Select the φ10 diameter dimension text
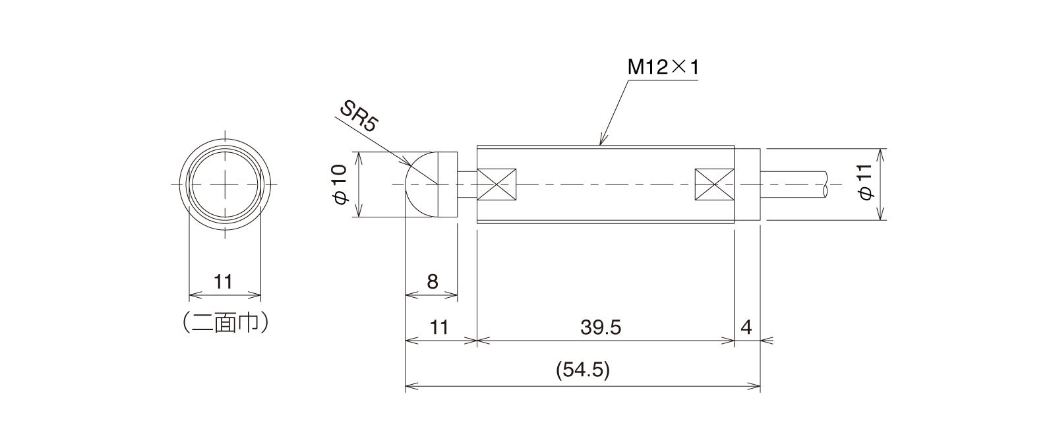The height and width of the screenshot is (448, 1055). (x=340, y=184)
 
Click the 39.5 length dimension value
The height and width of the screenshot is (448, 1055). (x=602, y=327)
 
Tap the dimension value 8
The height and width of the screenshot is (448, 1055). (x=432, y=282)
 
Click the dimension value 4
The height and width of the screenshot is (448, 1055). (x=746, y=327)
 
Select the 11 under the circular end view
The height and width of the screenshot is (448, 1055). (x=224, y=282)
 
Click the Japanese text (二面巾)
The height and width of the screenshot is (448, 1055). (x=225, y=322)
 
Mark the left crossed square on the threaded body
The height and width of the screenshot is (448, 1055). (x=496, y=184)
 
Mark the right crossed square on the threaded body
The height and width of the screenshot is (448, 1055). (x=715, y=184)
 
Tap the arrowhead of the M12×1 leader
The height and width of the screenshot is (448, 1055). (x=600, y=143)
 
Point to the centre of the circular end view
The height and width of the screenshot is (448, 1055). (x=225, y=184)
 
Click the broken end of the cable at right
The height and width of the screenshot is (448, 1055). (x=825, y=184)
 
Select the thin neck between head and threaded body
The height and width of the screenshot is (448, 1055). (x=466, y=184)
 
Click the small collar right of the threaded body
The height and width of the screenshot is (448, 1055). (x=747, y=184)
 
